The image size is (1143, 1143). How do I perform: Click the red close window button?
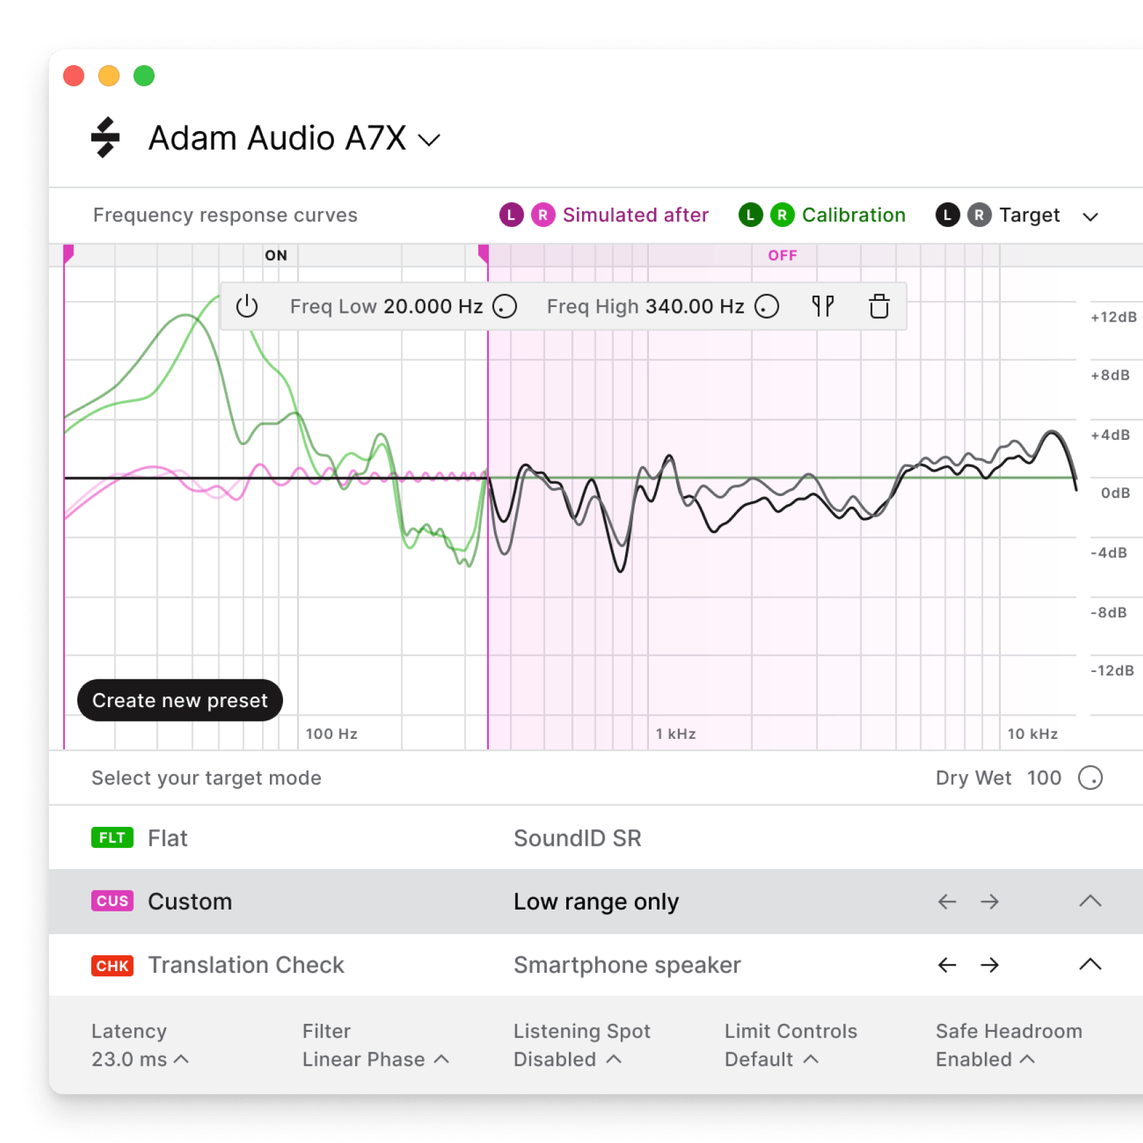tap(73, 76)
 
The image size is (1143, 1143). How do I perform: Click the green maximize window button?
tap(144, 76)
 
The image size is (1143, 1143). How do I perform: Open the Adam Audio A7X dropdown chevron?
tap(429, 140)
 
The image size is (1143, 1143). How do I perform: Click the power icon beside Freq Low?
tap(247, 306)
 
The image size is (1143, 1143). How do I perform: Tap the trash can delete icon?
tap(878, 306)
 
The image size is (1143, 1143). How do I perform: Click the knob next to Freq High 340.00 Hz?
tap(767, 306)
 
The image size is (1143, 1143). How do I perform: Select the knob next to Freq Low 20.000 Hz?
tap(505, 306)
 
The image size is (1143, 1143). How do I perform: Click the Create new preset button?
tap(180, 700)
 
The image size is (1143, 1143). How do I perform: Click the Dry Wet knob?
tap(1090, 778)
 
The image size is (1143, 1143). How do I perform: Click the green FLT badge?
tap(112, 837)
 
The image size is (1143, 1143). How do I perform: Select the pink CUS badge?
tap(112, 901)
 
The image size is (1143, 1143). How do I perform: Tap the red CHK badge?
tap(112, 965)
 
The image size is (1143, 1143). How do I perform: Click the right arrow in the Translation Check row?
tap(990, 965)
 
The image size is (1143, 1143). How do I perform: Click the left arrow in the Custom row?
tap(947, 902)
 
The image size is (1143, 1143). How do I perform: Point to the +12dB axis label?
tap(1113, 317)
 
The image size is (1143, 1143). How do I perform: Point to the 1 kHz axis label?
tap(675, 734)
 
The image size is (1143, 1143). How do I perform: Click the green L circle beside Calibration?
tap(750, 215)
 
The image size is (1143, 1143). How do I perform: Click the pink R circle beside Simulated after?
tap(542, 215)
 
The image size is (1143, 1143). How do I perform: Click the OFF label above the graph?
tap(782, 255)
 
